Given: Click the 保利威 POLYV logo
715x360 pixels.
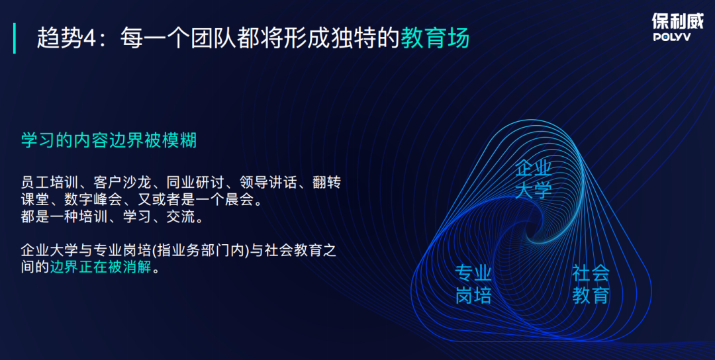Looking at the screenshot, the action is coord(678,27).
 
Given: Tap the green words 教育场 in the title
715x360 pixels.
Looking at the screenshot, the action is coord(435,38).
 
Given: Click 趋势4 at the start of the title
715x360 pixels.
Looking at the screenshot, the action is coord(67,38).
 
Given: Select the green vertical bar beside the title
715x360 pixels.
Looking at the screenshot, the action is coord(15,38).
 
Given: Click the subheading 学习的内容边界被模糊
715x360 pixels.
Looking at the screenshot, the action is coord(109,140).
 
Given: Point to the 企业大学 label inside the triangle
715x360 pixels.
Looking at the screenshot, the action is coord(534,179).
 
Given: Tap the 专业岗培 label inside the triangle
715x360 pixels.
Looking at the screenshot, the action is coord(473,285).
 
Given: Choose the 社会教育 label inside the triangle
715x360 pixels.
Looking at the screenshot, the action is coord(591,285).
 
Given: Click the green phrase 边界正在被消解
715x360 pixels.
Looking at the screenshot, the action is coord(101,267).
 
